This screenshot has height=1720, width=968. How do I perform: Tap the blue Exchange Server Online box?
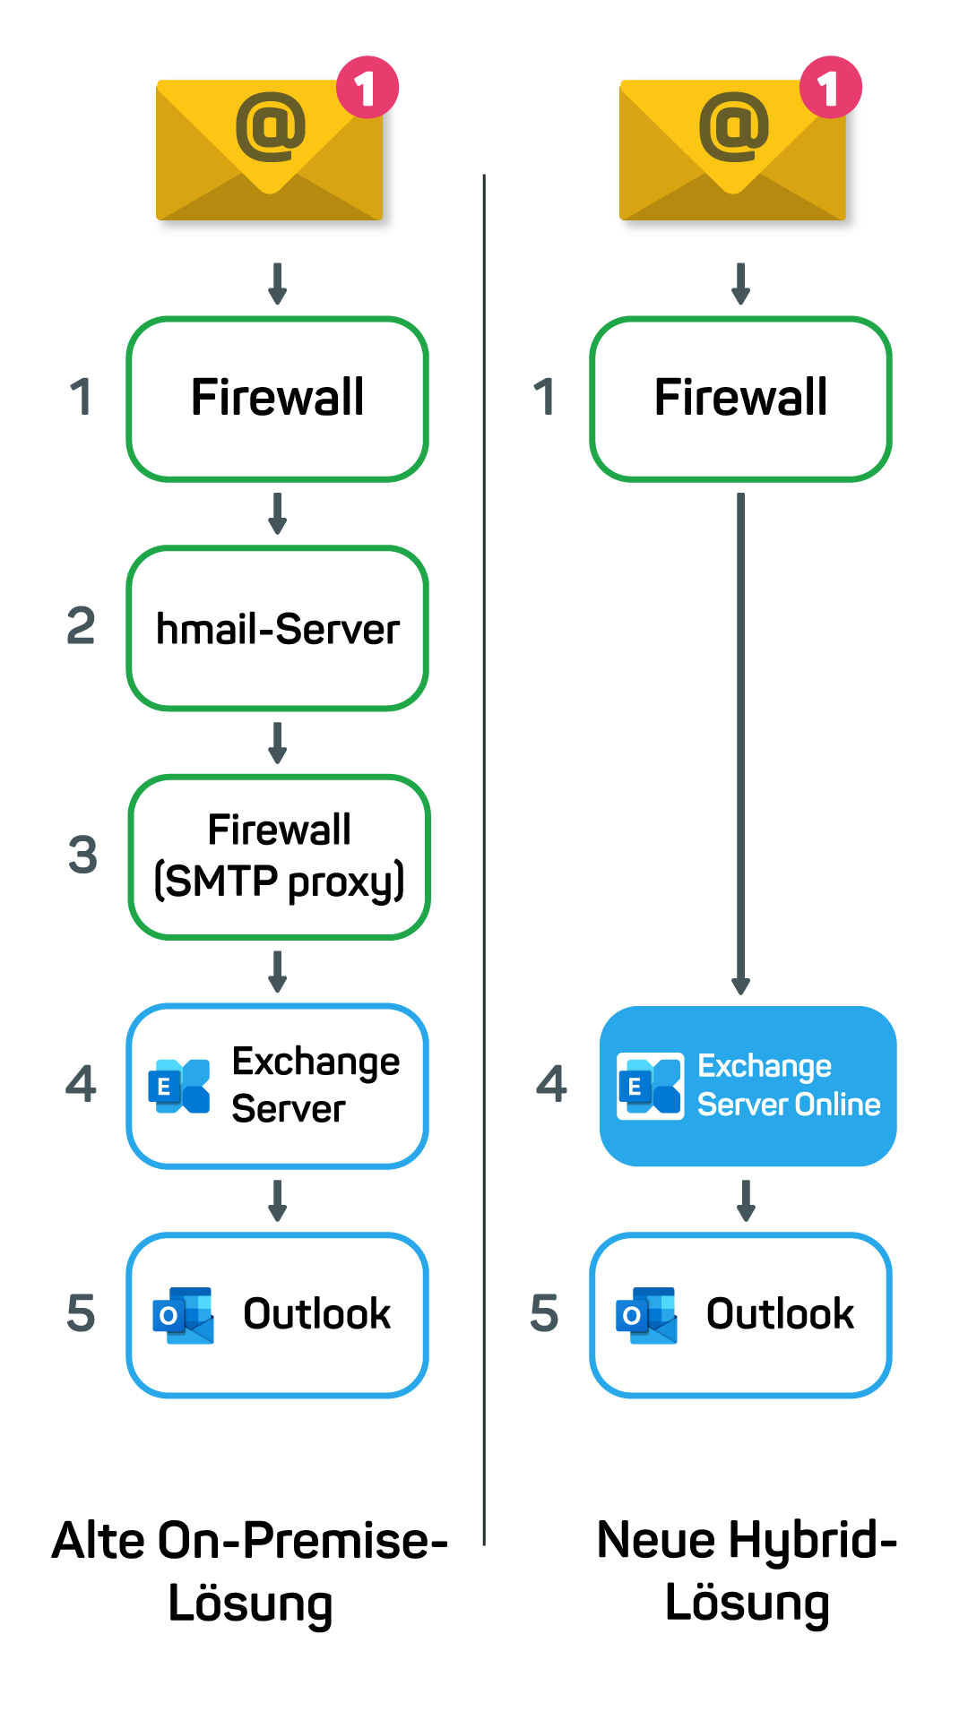coord(748,1086)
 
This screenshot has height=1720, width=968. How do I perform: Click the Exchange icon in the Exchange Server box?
coord(179,1087)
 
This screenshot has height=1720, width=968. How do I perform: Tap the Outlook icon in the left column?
coord(184,1316)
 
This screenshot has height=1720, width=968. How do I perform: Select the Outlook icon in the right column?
coord(647,1316)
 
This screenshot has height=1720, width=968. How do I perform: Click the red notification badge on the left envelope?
coord(367,88)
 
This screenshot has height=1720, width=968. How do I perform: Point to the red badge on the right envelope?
coord(831,88)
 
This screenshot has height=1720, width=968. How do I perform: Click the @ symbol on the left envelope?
coord(271,126)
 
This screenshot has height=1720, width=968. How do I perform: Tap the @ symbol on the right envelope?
coord(734,126)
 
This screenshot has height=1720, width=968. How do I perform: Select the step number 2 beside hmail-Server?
coord(81,625)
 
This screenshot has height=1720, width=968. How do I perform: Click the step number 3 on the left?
coord(82,855)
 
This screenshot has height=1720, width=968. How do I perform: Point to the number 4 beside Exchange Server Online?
coord(551,1084)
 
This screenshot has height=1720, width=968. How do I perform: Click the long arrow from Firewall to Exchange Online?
coord(741,744)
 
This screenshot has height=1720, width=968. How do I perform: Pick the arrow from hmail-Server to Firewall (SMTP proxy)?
coord(278,743)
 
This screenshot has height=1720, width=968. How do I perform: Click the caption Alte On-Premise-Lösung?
coord(250,1571)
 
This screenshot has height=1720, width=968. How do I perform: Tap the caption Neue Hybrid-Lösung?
coord(748,1571)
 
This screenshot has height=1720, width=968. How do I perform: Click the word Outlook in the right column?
coord(781,1314)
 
